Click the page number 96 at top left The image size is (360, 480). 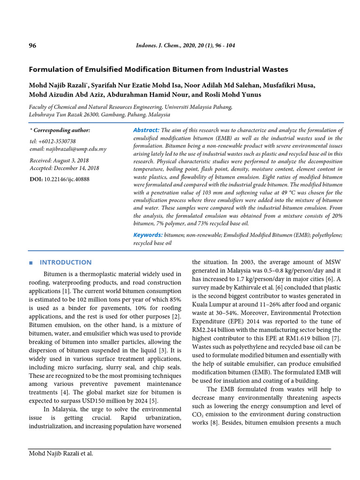32,45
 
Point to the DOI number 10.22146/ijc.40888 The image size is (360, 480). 67,179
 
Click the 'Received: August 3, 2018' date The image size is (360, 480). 59,160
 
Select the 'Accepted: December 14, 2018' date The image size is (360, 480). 64,168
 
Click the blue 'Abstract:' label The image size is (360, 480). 146,130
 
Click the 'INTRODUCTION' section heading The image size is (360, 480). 66,262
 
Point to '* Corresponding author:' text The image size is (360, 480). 60,130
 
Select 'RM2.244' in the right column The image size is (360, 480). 205,330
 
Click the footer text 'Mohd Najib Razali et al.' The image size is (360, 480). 61,453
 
